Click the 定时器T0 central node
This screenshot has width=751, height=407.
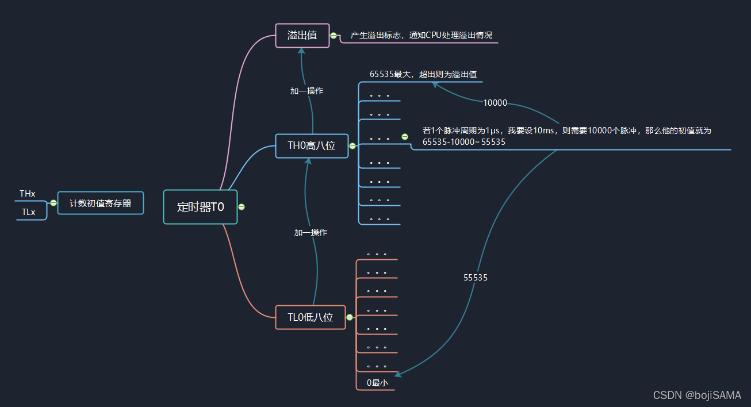click(200, 207)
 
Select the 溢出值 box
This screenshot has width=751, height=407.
click(302, 36)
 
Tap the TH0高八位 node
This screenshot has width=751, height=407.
click(312, 146)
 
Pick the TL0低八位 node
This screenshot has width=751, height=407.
click(311, 317)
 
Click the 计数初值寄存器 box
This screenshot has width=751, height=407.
click(101, 203)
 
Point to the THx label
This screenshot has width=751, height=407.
click(28, 194)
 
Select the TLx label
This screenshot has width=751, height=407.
click(28, 212)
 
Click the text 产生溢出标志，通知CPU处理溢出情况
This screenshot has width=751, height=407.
click(421, 36)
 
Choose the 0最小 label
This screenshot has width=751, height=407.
click(377, 383)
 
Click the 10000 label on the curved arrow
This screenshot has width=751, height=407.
click(495, 103)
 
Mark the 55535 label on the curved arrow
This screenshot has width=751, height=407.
click(476, 278)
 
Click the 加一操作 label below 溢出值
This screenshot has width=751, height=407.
click(306, 91)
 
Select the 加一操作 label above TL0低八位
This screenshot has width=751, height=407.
click(311, 233)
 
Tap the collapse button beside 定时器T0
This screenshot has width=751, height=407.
click(242, 207)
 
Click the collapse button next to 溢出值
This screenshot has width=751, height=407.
click(334, 36)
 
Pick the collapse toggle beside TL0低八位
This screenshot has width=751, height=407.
click(350, 317)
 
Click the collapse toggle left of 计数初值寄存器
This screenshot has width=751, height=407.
click(53, 203)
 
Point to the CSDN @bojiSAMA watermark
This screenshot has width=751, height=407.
click(697, 396)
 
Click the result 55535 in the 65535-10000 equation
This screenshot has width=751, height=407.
click(493, 141)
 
